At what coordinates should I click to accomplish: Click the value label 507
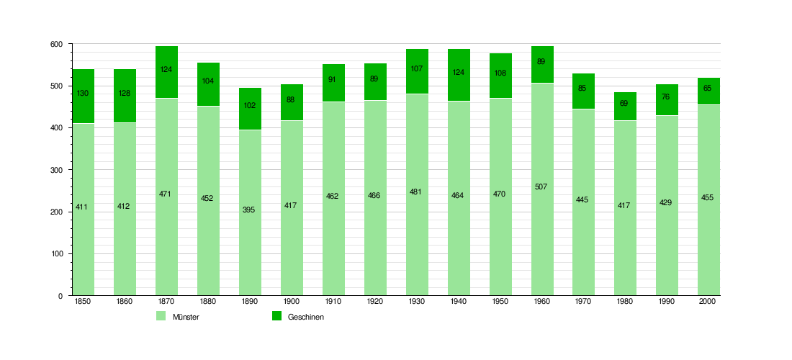(x=541, y=187)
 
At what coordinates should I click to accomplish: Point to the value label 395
(x=249, y=210)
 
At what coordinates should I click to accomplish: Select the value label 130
(x=82, y=93)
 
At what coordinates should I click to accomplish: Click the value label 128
(x=124, y=93)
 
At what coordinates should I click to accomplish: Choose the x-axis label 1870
(x=166, y=302)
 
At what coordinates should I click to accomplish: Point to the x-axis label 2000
(x=708, y=302)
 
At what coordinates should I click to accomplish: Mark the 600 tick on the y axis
(x=56, y=45)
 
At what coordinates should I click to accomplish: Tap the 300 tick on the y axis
(x=56, y=170)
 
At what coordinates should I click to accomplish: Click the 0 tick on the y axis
(x=60, y=296)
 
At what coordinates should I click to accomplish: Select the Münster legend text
(x=186, y=318)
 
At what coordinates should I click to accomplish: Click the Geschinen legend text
(x=306, y=318)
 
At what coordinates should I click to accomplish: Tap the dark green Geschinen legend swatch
(x=276, y=316)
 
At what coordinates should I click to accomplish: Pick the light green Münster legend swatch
(x=161, y=316)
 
